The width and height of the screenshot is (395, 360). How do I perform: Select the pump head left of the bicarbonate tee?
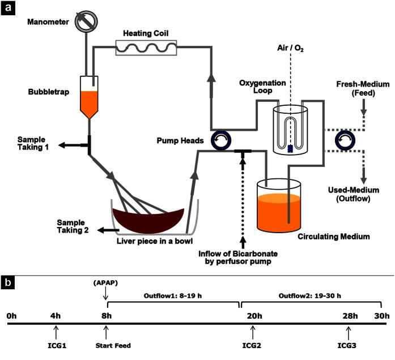coord(219,140)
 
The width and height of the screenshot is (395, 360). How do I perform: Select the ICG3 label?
coord(349,345)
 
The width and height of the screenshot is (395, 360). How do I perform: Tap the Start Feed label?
coord(107,345)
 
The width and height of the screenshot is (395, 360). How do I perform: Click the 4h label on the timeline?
coord(55,316)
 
